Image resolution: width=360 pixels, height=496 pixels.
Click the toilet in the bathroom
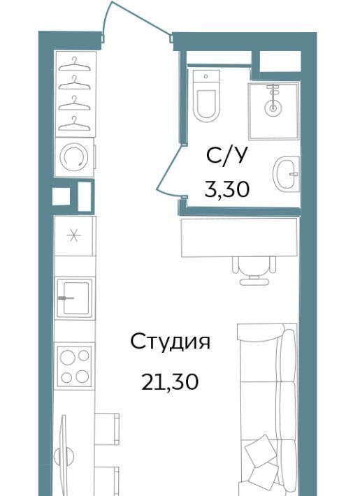206,96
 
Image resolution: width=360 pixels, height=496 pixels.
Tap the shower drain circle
273,108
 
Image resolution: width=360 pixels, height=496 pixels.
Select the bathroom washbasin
286,174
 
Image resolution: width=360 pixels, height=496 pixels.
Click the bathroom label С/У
226,156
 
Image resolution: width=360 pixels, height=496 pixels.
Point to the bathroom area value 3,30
227,189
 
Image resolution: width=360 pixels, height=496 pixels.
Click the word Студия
170,342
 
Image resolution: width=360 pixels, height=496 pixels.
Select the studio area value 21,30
170,381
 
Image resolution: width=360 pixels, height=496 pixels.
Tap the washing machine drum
74,157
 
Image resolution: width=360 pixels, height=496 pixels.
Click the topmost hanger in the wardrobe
75,64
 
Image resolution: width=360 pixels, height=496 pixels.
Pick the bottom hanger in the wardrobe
75,124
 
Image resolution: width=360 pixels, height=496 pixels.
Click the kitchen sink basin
76,298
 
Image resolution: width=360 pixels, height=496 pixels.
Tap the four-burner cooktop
75,366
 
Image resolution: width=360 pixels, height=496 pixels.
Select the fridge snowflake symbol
74,235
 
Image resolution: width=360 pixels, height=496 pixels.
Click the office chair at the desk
254,270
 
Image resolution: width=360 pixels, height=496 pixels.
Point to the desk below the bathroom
239,238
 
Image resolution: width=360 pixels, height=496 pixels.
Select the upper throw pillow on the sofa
261,451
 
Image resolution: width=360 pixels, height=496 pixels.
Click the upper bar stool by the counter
107,429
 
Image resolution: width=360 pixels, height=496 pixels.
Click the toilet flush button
206,76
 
